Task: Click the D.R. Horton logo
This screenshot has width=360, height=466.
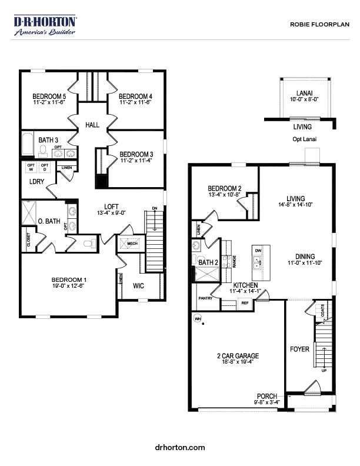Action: pos(45,25)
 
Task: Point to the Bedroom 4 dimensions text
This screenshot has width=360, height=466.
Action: pos(135,102)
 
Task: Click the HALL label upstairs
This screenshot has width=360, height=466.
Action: pos(92,125)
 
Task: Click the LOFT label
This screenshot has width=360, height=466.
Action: pos(112,206)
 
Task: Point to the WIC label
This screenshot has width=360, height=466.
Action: pos(139,286)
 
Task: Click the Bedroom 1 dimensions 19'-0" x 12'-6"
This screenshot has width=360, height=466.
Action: pos(69,287)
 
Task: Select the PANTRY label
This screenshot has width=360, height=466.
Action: pos(205,298)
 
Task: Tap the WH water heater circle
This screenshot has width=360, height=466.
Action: pos(198,318)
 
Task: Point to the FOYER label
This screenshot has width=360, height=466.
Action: pos(299,349)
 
